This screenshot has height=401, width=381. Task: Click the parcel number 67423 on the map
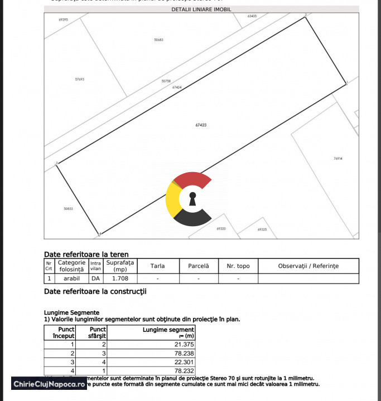pyautogui.click(x=201, y=125)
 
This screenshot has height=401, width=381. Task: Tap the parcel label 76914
pyautogui.click(x=337, y=159)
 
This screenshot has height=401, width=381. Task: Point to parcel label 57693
pyautogui.click(x=79, y=79)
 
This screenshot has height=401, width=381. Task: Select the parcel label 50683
pyautogui.click(x=158, y=40)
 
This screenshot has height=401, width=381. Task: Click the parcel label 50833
pyautogui.click(x=68, y=209)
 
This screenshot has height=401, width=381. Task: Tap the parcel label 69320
pyautogui.click(x=221, y=228)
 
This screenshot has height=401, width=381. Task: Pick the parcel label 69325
pyautogui.click(x=262, y=229)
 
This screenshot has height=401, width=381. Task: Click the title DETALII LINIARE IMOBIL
pyautogui.click(x=201, y=9)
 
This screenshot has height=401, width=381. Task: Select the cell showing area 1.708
pyautogui.click(x=120, y=278)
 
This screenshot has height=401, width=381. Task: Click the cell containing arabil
pyautogui.click(x=71, y=278)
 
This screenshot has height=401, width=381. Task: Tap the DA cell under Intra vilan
pyautogui.click(x=95, y=278)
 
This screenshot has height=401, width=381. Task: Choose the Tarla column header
pyautogui.click(x=157, y=266)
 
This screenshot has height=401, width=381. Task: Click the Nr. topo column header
pyautogui.click(x=238, y=266)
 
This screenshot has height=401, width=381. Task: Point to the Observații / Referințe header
pyautogui.click(x=308, y=266)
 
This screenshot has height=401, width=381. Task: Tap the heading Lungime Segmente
pyautogui.click(x=71, y=312)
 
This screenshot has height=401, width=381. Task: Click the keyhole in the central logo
pyautogui.click(x=192, y=199)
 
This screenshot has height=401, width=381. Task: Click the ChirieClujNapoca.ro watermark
pyautogui.click(x=49, y=384)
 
